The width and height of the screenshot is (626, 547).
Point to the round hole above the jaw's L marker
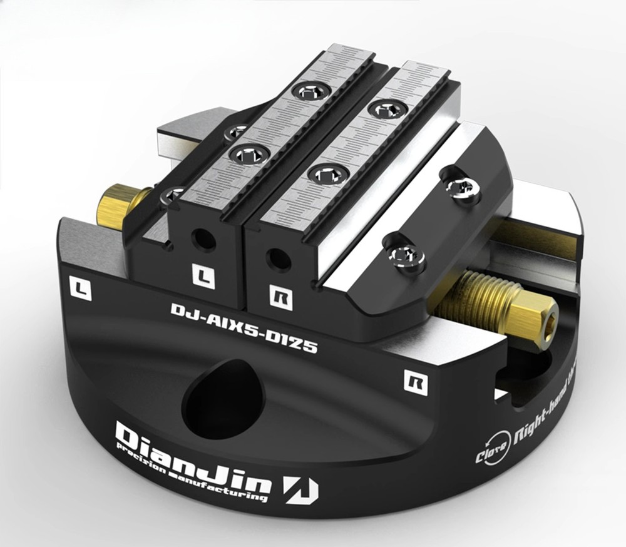click(x=202, y=238)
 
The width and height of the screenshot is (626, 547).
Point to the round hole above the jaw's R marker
click(x=275, y=258)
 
